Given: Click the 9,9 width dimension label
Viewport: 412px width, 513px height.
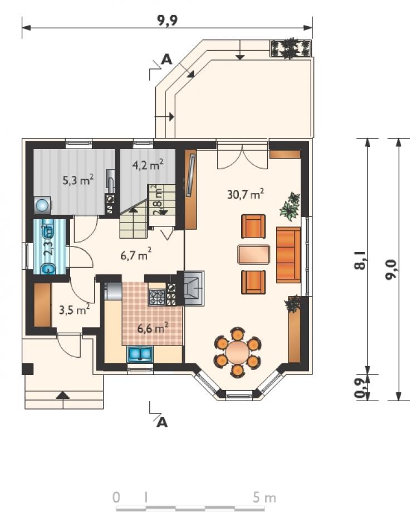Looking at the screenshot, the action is click(x=168, y=20).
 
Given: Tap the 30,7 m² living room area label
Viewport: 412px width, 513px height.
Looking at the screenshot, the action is click(x=246, y=194).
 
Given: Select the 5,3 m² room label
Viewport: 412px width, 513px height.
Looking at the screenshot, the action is click(x=79, y=180).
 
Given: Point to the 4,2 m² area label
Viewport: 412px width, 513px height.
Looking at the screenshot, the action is click(x=148, y=165).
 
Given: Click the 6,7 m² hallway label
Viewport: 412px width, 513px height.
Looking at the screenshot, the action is click(x=136, y=254).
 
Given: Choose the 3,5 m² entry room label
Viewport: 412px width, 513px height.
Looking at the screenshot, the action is click(x=75, y=309).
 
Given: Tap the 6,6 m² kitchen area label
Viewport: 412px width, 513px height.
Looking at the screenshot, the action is click(x=153, y=328).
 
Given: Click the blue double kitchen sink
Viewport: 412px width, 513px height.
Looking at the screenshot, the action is click(x=140, y=354).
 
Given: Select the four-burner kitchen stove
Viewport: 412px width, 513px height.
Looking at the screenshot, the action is click(x=157, y=298).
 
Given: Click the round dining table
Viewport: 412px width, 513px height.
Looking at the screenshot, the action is click(x=238, y=352).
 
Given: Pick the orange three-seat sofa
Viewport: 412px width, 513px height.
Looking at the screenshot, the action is click(x=288, y=254).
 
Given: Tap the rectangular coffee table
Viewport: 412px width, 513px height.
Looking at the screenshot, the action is click(x=254, y=254).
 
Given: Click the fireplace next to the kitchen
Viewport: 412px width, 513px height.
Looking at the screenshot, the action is click(x=194, y=288).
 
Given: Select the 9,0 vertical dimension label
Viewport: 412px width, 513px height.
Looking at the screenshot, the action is click(x=391, y=269).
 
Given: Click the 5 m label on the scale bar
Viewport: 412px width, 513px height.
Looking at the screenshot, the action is click(x=264, y=498).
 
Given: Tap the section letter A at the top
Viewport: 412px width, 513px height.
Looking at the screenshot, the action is click(x=166, y=60).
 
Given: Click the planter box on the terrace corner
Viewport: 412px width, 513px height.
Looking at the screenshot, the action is click(x=291, y=48).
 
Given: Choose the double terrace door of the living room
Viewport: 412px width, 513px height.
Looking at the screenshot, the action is click(x=242, y=155).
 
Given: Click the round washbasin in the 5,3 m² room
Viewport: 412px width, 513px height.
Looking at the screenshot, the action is click(x=42, y=205).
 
